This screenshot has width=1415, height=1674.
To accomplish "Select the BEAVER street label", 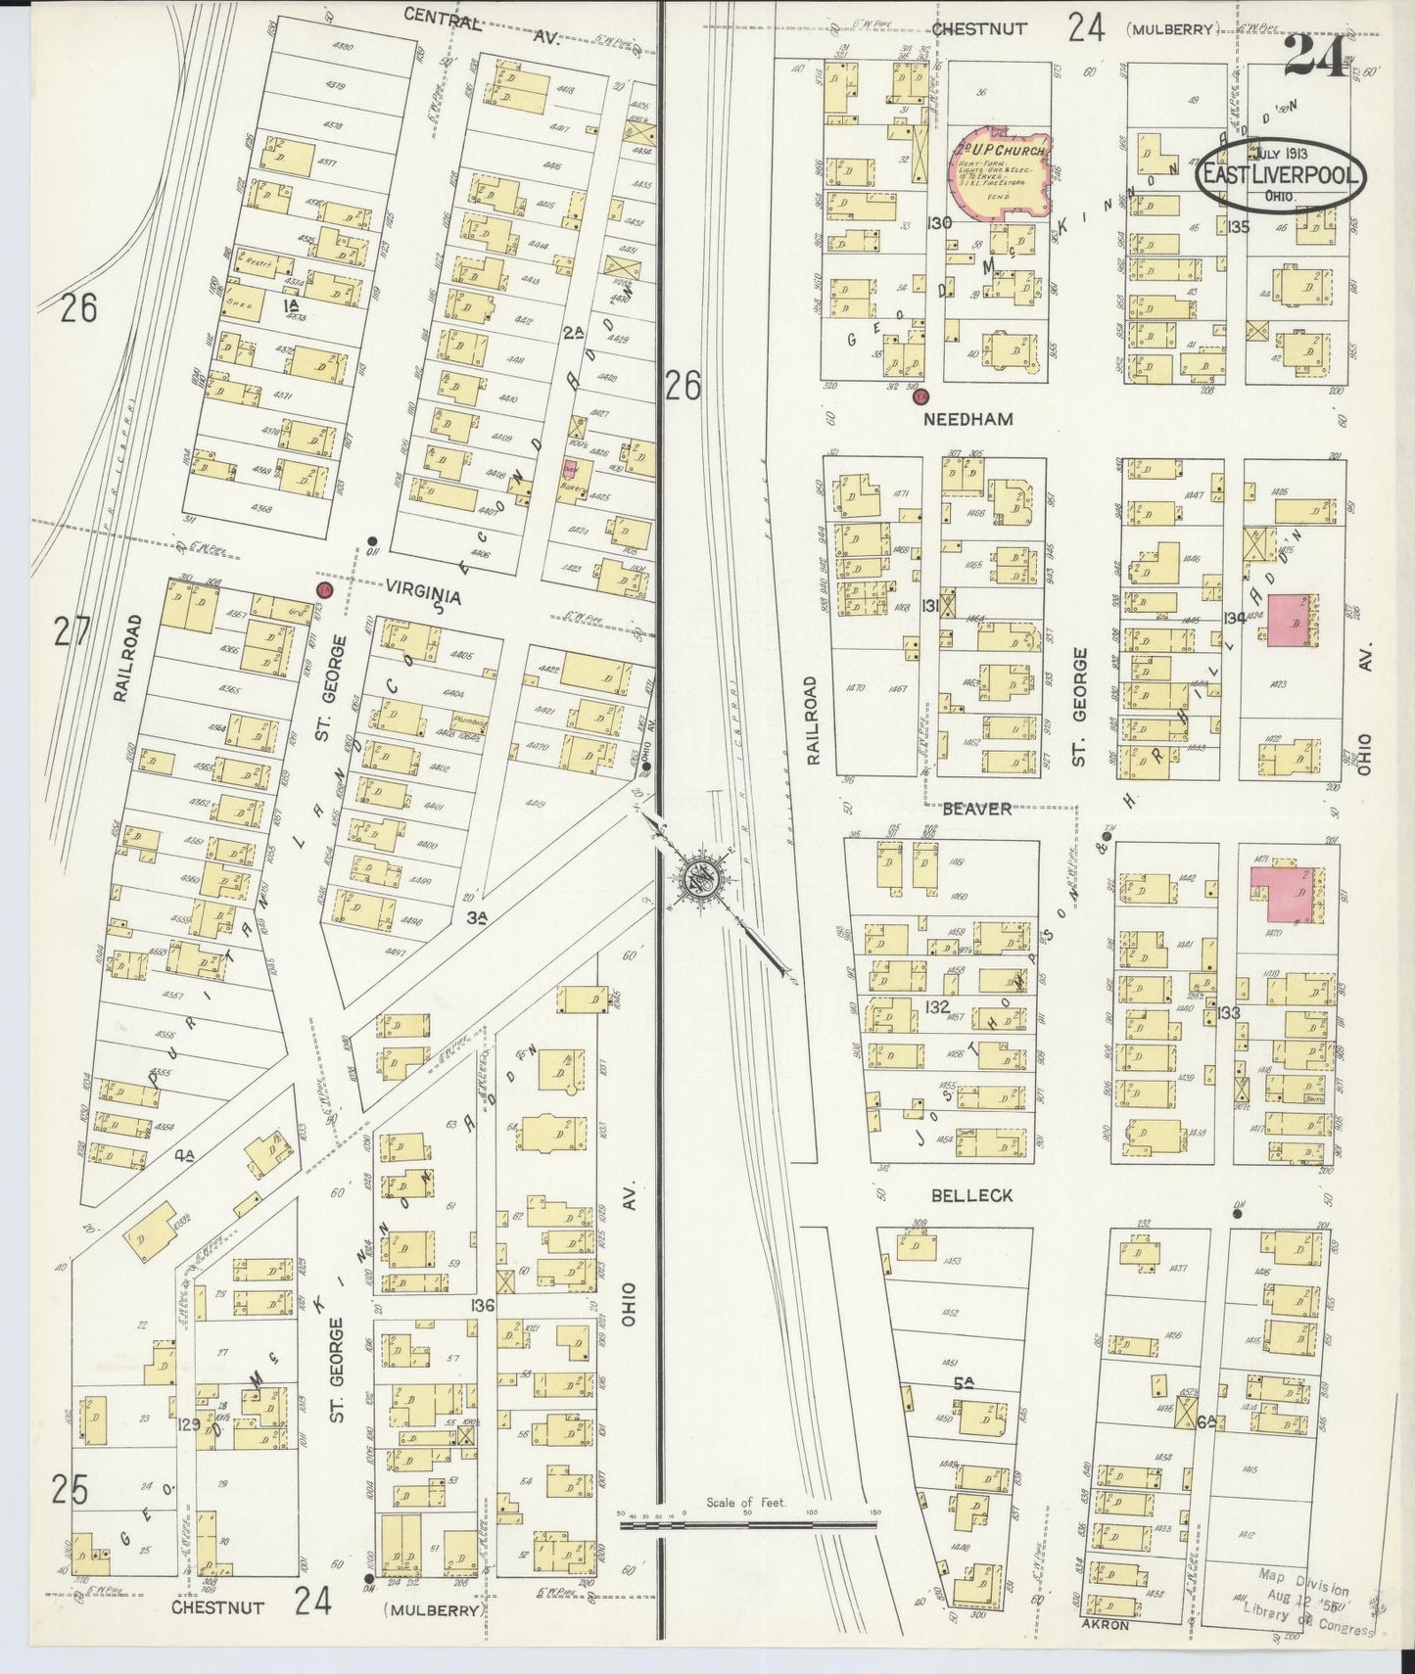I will [976, 809].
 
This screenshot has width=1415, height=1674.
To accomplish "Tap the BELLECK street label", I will [973, 1195].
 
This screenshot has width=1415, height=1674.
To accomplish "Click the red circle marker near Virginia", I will [324, 589].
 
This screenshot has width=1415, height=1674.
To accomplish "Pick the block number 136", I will [482, 1304].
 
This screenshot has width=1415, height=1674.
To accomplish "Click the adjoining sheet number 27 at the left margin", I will [71, 631].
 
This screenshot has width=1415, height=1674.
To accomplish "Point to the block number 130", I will [939, 223].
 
